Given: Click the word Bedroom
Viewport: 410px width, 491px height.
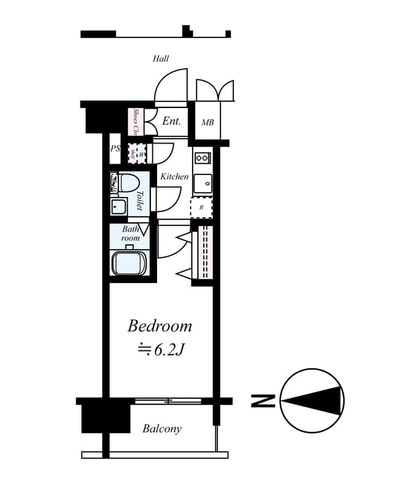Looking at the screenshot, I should coord(160,326).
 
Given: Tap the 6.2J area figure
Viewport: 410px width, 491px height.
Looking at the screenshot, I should coord(161,350).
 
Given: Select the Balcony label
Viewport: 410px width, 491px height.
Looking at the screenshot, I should coord(162,429).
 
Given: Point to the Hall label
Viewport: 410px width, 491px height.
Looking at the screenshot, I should coord(161,59).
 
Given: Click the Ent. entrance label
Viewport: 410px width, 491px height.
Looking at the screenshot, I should coord(171,122).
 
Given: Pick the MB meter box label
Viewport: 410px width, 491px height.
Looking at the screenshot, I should coord(208,123).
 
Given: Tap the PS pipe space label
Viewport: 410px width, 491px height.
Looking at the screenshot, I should coord(115,149).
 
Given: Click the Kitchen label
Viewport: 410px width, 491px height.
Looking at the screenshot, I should coord(174,177).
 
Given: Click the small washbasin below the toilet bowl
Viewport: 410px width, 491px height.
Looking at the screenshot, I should coord(118,206).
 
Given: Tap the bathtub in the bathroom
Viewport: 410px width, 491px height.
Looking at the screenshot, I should coord(129,263).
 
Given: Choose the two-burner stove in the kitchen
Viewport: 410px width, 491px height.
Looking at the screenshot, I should coord(203,158).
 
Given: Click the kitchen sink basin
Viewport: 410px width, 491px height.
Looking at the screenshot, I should coord(203,182).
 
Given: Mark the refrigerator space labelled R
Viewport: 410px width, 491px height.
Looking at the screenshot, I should coord(201,207).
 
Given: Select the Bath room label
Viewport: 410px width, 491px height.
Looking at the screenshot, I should coord(130,233).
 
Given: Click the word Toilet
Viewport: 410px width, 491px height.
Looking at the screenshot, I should coord(140,200).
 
